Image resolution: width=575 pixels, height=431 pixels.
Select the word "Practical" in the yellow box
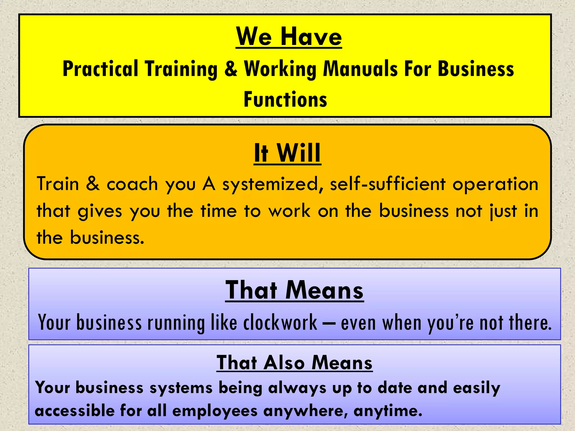click(x=100, y=69)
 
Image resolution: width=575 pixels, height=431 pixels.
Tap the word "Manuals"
click(x=360, y=69)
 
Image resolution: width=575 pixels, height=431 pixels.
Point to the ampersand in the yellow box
click(x=231, y=69)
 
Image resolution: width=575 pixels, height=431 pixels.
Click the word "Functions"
click(x=285, y=99)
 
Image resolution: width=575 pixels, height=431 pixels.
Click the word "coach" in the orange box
click(x=132, y=184)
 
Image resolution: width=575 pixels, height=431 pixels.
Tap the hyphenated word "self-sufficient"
click(x=388, y=184)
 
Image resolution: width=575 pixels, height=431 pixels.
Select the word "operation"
click(x=496, y=184)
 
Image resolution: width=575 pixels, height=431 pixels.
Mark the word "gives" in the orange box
click(x=100, y=211)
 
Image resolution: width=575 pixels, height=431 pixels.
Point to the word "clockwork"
click(x=280, y=323)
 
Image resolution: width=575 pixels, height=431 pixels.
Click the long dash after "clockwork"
click(x=329, y=323)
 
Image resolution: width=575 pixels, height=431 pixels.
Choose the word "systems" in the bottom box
click(x=181, y=388)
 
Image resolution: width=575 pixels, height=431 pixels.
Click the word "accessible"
click(x=75, y=411)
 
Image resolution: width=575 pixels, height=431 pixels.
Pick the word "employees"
click(x=215, y=411)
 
